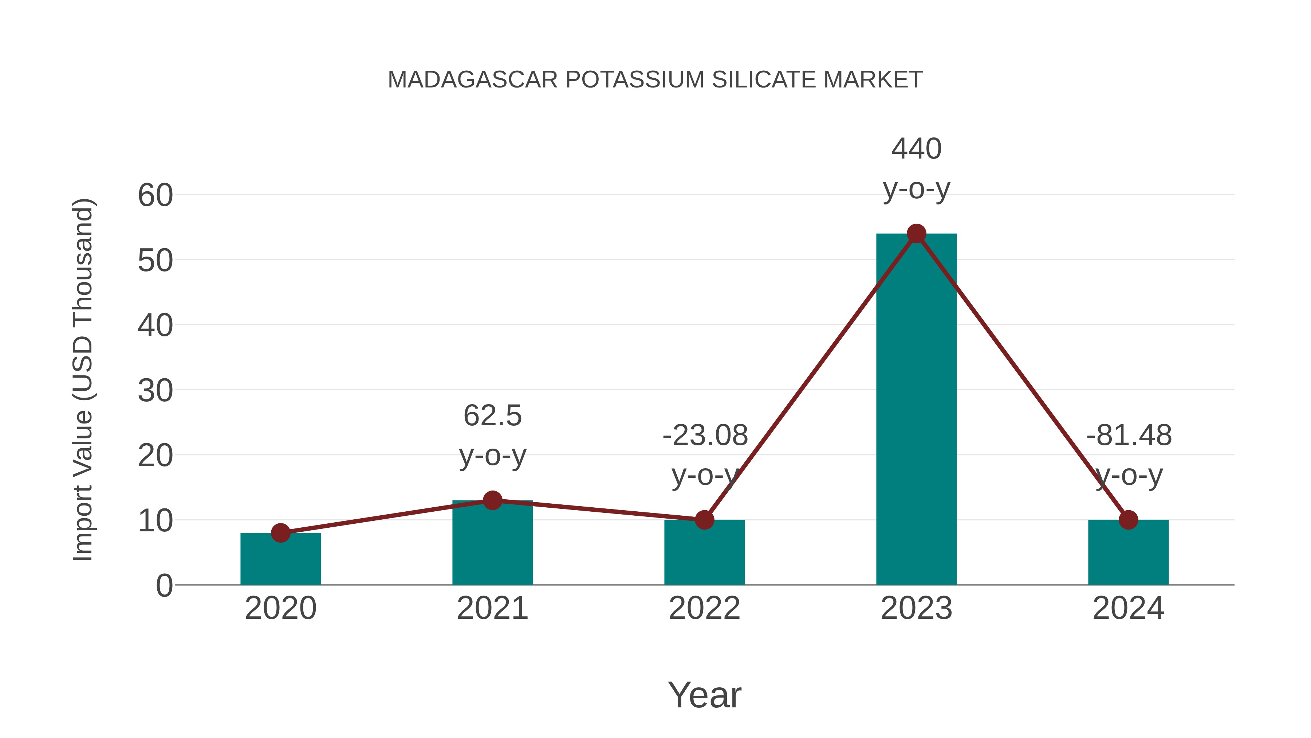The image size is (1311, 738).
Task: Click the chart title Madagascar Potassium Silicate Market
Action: click(655, 80)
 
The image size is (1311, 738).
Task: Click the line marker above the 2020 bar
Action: click(280, 533)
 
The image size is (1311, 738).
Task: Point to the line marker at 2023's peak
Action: click(916, 234)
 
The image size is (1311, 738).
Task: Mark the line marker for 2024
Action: click(1128, 520)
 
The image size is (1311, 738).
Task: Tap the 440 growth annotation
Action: click(916, 149)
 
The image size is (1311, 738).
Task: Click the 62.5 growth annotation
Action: click(492, 415)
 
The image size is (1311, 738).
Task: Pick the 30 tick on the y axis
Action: click(155, 391)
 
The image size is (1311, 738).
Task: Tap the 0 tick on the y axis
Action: click(164, 586)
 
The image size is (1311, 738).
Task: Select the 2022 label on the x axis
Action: click(704, 608)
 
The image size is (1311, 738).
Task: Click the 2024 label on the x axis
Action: click(1128, 608)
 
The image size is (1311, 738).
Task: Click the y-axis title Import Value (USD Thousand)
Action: click(82, 379)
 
